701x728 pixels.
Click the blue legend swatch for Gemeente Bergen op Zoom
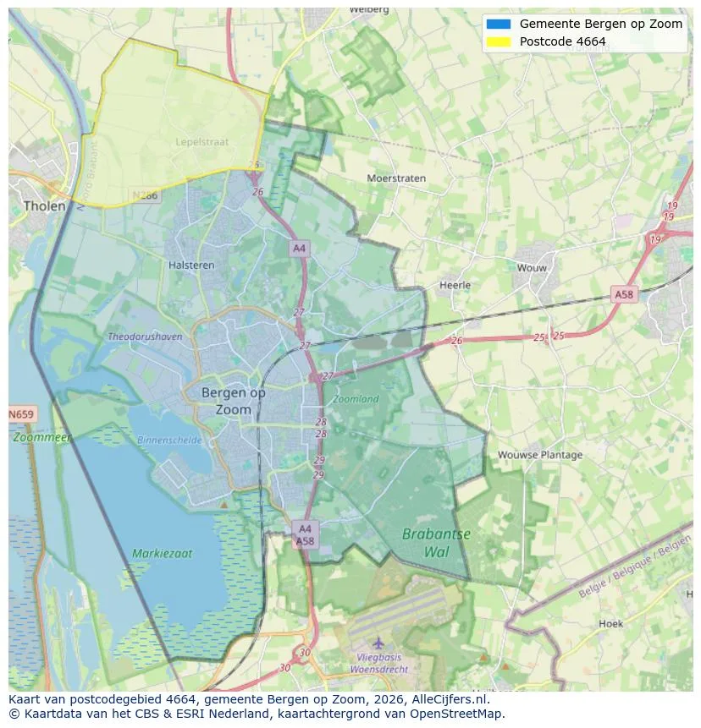pos(499,24)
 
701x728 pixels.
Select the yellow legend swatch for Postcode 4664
pos(499,41)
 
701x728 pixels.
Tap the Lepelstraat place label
pos(201,142)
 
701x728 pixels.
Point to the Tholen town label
pos(44,205)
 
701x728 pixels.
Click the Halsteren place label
pos(191,265)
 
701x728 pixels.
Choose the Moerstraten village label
pos(396,178)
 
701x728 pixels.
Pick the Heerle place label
pos(455,285)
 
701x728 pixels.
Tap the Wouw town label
pos(533,267)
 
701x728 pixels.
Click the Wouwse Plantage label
pos(539,454)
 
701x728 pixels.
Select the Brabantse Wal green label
pos(436,543)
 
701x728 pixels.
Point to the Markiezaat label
pos(162,554)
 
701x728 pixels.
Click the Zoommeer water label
pos(41,437)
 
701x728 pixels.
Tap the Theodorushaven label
pos(145,337)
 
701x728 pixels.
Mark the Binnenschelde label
pos(169,440)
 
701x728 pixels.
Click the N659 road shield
pos(21,414)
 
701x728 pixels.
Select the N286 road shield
pos(145,195)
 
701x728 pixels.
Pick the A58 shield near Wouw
pos(623,294)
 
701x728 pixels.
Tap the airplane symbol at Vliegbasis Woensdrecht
pos(378,643)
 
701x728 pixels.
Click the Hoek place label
pos(610,623)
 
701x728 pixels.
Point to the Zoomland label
pos(356,398)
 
